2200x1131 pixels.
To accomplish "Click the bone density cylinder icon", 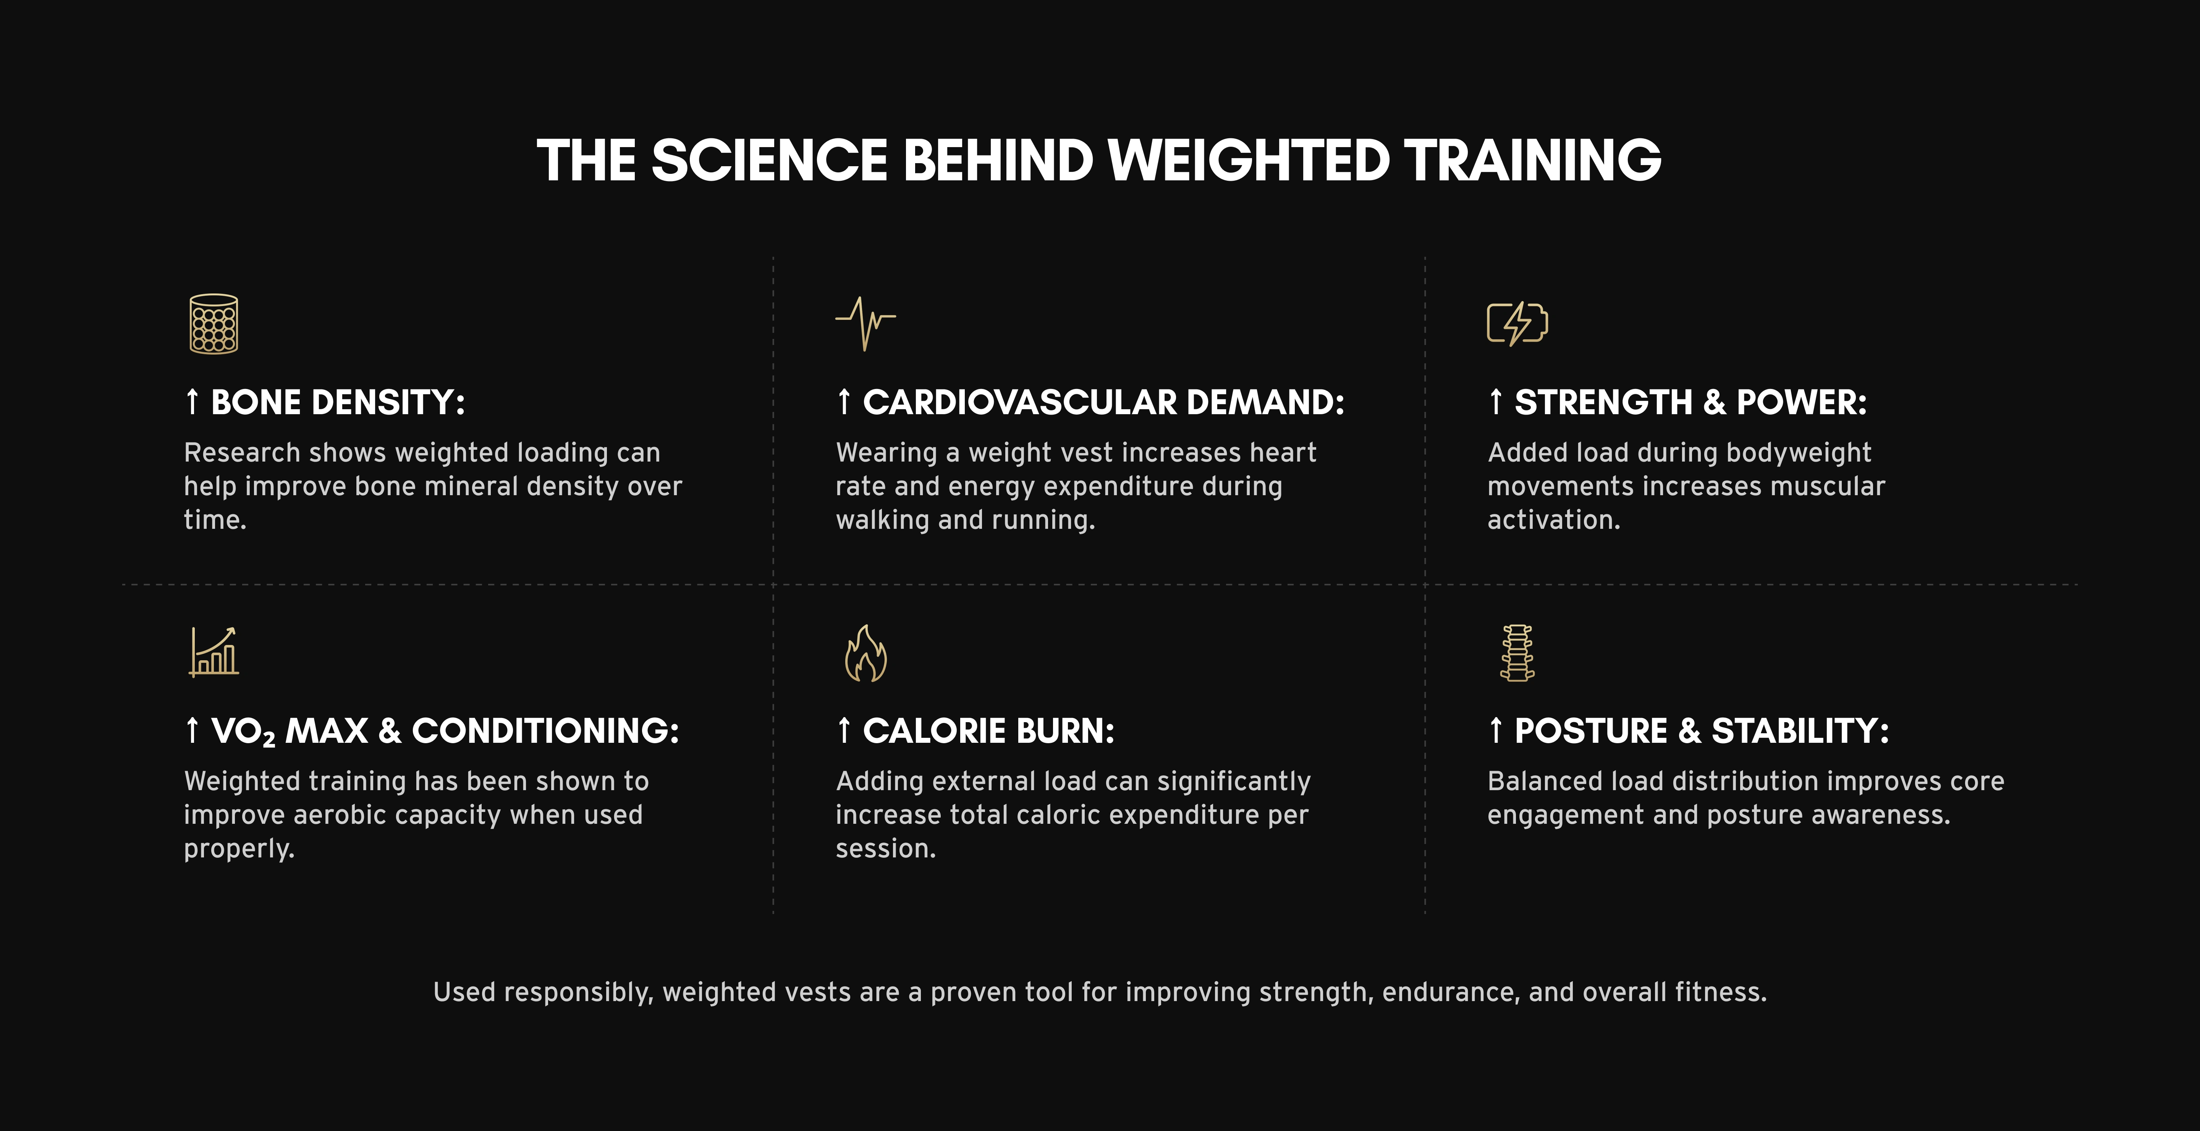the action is (x=214, y=324).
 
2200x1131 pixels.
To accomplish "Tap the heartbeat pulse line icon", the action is (x=865, y=324).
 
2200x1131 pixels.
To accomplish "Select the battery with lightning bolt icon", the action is (x=1517, y=324).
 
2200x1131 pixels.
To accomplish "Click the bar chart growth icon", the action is (x=214, y=652).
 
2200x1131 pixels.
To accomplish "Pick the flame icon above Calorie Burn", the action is (x=865, y=653).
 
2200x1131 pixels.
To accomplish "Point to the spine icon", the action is (x=1517, y=653).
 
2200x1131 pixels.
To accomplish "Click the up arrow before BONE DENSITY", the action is (x=192, y=402).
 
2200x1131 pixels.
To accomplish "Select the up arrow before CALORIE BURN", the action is (x=844, y=730).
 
